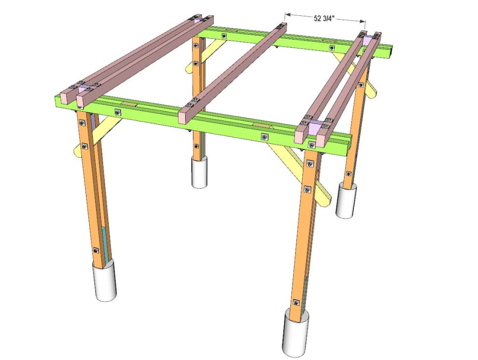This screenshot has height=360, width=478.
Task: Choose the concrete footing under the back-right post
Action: coord(346,200)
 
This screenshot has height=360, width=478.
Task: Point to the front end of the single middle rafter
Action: coord(185,116)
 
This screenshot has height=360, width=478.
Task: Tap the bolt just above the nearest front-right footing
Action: coord(296,303)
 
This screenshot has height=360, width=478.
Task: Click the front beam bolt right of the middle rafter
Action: coord(265,137)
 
